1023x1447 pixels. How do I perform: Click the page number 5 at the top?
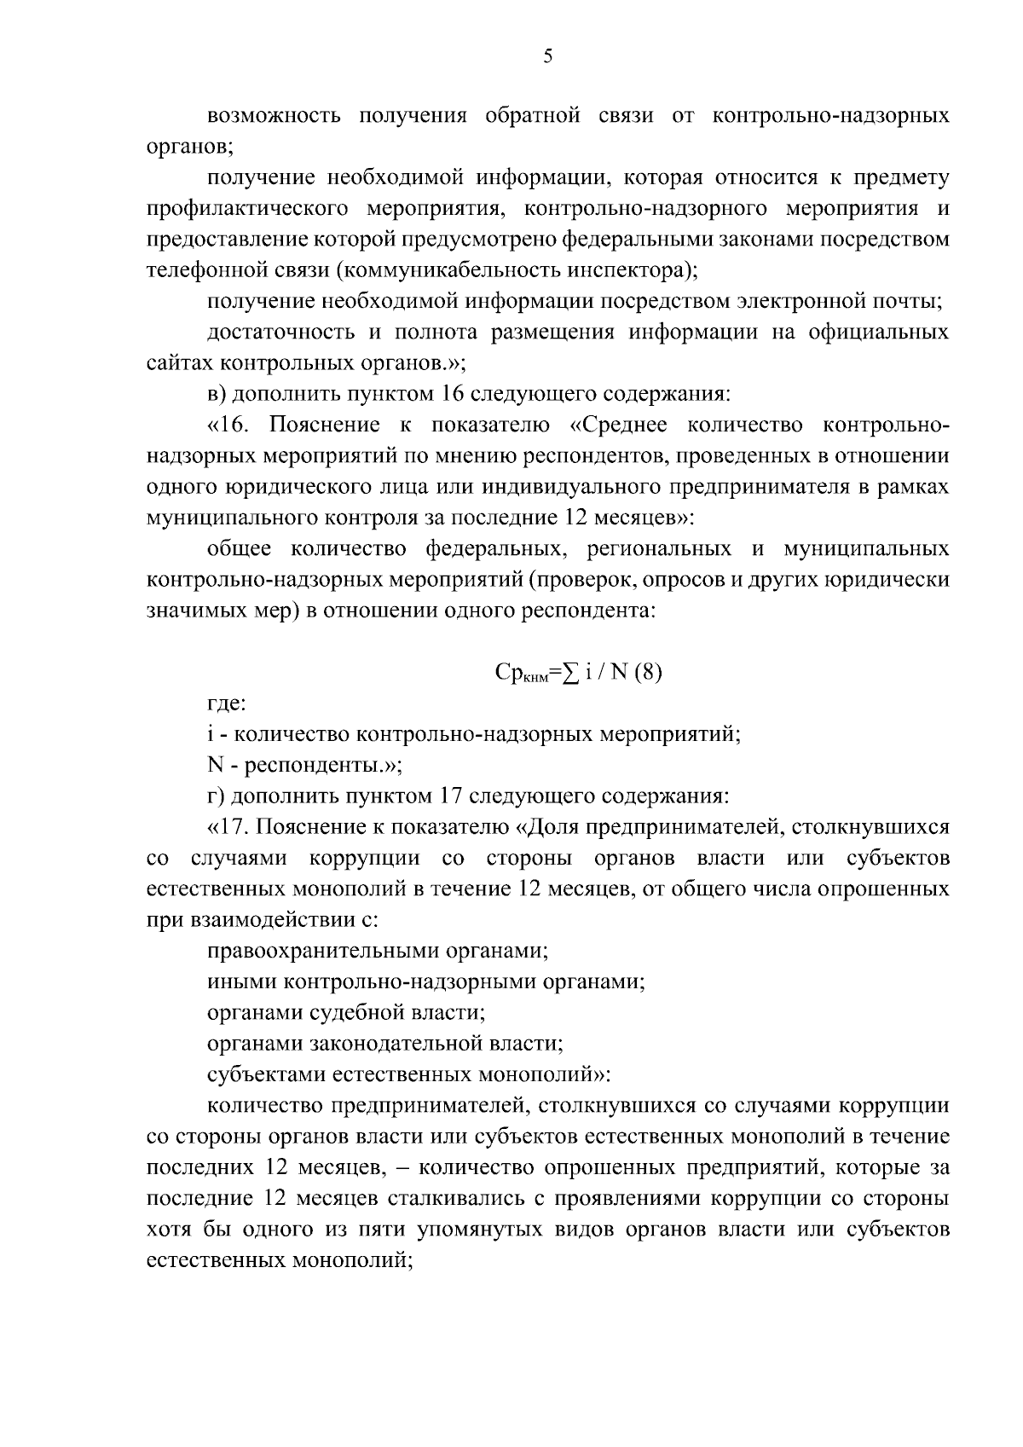[547, 57]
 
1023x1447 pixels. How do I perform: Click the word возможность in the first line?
[273, 116]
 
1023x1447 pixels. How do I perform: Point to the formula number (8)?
[647, 673]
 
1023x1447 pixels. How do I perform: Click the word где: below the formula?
[227, 704]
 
